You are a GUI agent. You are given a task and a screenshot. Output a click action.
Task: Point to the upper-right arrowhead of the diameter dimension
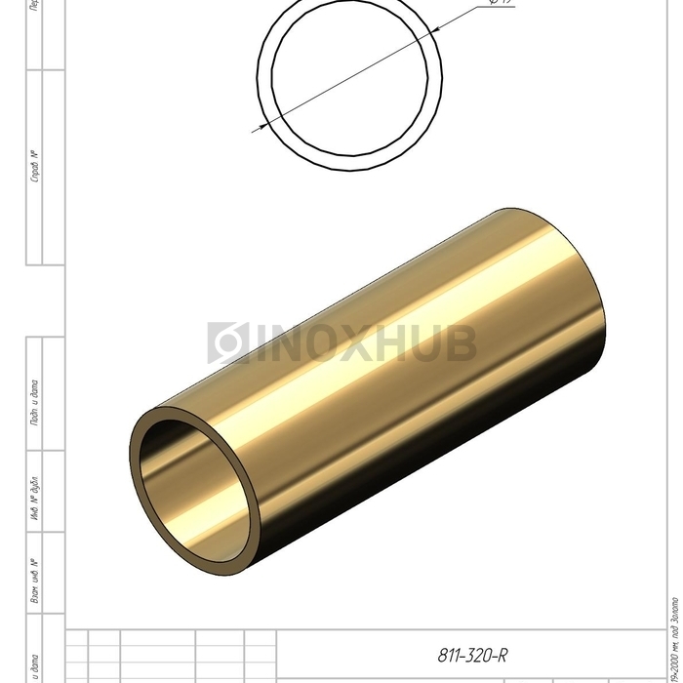click(436, 29)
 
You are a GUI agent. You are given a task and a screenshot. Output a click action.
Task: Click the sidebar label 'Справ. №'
click(35, 167)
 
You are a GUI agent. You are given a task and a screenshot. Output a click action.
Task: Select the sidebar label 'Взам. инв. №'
click(35, 581)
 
